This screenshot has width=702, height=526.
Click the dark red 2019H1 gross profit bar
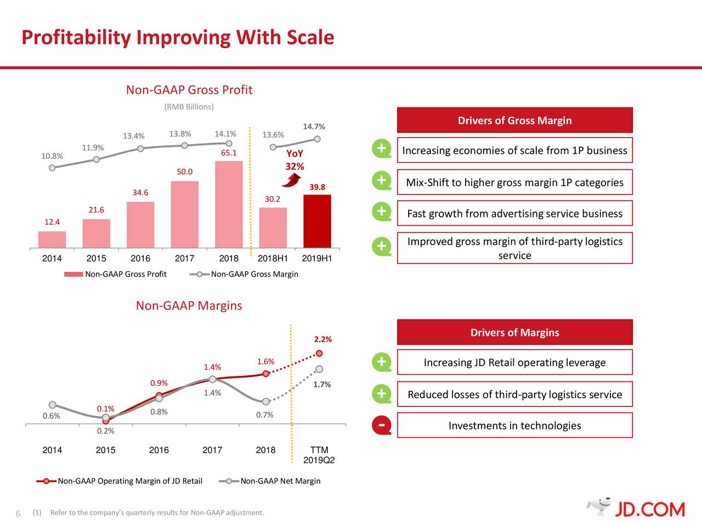[x=317, y=221]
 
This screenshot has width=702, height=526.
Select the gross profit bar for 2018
[x=229, y=204]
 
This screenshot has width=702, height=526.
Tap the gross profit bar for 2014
[x=52, y=239]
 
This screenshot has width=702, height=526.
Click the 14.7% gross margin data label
[x=314, y=127]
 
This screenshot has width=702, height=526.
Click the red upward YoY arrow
[x=295, y=179]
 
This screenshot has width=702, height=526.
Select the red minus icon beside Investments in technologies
[x=381, y=425]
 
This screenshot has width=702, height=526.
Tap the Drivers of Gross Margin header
[x=514, y=121]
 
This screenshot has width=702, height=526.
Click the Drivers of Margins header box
[x=514, y=333]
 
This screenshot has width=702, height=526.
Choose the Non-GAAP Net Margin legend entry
[x=270, y=481]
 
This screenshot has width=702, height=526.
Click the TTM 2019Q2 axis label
[x=319, y=455]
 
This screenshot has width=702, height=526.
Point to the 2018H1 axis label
[x=273, y=259]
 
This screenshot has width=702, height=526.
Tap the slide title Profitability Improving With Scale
[x=178, y=37]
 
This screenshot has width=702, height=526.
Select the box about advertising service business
[x=514, y=214]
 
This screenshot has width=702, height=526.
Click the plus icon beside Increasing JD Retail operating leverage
[x=381, y=362]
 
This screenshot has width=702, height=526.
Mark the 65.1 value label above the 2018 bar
[x=229, y=153]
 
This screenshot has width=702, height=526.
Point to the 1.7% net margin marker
[x=319, y=369]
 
